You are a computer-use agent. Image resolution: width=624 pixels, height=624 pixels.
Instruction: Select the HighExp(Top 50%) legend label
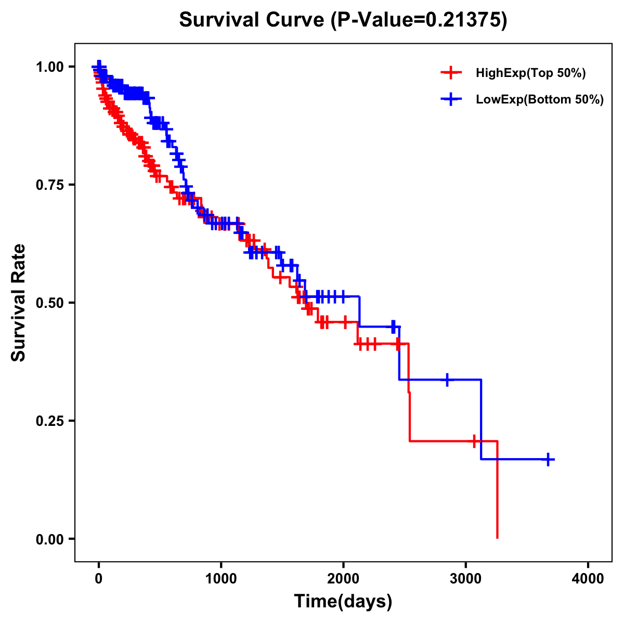(x=531, y=73)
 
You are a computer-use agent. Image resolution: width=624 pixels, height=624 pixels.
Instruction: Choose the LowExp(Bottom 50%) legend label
(x=540, y=99)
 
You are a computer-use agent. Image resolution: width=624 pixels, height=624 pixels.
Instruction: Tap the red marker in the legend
(x=451, y=73)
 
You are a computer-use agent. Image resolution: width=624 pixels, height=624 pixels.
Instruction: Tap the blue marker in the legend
(x=451, y=99)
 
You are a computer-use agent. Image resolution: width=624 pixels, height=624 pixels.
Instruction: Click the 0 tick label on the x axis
(x=99, y=579)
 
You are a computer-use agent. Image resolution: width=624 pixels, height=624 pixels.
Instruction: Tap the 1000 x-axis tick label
(x=221, y=579)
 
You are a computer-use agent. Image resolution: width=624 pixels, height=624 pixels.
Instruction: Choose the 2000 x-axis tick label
(x=343, y=579)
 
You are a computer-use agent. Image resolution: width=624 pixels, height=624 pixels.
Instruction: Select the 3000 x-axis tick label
(x=466, y=579)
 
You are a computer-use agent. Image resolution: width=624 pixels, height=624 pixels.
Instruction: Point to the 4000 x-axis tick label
(x=588, y=579)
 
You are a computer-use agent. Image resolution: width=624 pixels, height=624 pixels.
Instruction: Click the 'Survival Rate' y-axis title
(x=19, y=303)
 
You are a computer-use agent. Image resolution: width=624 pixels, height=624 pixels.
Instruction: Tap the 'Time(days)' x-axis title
(x=343, y=602)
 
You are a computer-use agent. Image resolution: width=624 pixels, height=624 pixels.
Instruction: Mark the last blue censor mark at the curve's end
(x=548, y=460)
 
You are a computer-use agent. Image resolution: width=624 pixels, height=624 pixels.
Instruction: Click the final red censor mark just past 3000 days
(x=474, y=441)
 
